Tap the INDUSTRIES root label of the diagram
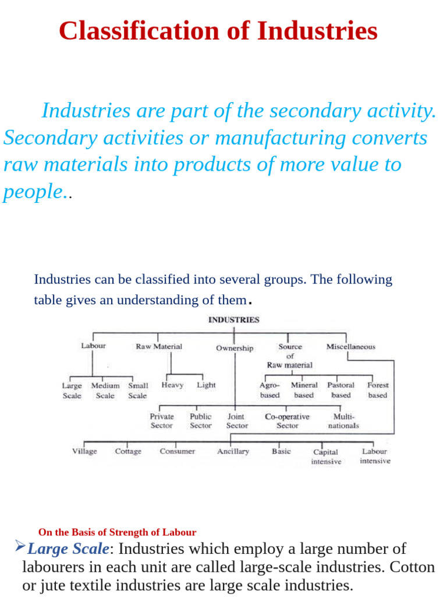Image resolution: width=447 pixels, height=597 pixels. click(x=234, y=320)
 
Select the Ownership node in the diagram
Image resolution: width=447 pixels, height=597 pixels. click(x=235, y=349)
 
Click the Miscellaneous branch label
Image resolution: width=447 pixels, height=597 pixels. click(x=351, y=346)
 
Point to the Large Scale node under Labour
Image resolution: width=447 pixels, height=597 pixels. click(x=72, y=391)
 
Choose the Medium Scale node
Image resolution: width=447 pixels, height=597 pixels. click(x=105, y=391)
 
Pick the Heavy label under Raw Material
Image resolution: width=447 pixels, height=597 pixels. click(x=172, y=385)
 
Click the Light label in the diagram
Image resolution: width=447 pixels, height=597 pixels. click(x=206, y=385)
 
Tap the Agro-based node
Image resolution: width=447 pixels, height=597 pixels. click(x=269, y=390)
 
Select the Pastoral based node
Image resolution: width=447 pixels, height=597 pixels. click(x=340, y=390)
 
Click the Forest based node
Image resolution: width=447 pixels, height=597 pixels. click(x=378, y=390)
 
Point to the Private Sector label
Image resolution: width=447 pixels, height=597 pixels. click(x=162, y=421)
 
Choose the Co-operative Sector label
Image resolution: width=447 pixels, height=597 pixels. click(x=287, y=421)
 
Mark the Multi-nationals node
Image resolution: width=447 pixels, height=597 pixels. click(x=343, y=421)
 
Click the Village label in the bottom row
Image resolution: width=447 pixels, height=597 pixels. click(x=84, y=451)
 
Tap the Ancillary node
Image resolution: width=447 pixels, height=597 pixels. click(x=233, y=451)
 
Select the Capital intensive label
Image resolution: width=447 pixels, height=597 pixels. click(x=326, y=456)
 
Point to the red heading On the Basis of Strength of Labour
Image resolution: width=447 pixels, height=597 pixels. click(x=117, y=532)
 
